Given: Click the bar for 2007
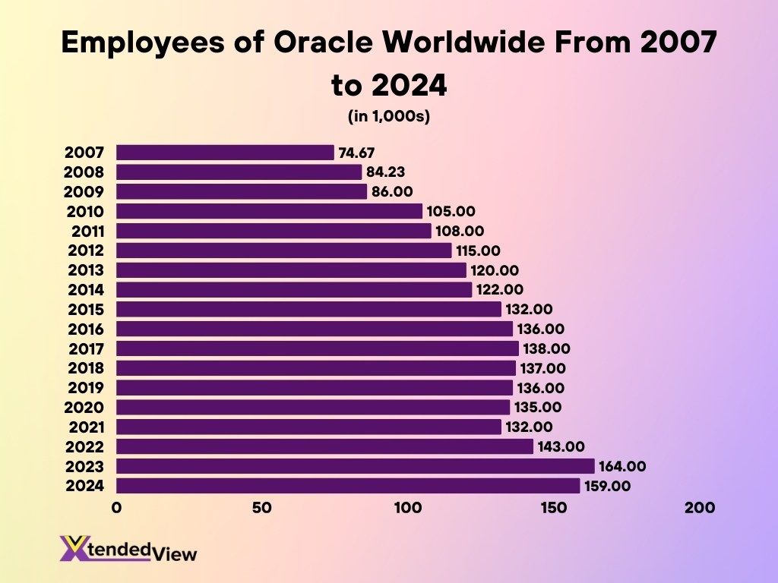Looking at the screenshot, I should coord(225,153).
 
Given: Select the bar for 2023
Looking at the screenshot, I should coord(355,466).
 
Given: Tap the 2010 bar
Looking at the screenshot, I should coord(269,211).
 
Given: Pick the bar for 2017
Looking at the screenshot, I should coord(317,348).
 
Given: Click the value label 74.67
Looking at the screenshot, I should coord(356,153).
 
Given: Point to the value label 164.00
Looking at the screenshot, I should coord(622,466).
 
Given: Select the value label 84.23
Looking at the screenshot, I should coord(385,172).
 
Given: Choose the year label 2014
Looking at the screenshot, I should coord(86,289).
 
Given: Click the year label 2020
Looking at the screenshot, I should coord(86,408).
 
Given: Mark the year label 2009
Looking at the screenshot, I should coord(86,192).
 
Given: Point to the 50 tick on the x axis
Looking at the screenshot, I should coord(262,508).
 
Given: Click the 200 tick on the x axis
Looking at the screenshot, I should coord(700,508).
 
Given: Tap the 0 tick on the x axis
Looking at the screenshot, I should coord(116,508).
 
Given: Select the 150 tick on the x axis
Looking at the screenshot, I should coord(553,508).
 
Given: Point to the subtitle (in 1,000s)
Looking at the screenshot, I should coord(389,116).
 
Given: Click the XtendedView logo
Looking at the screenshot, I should coord(128,548).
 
